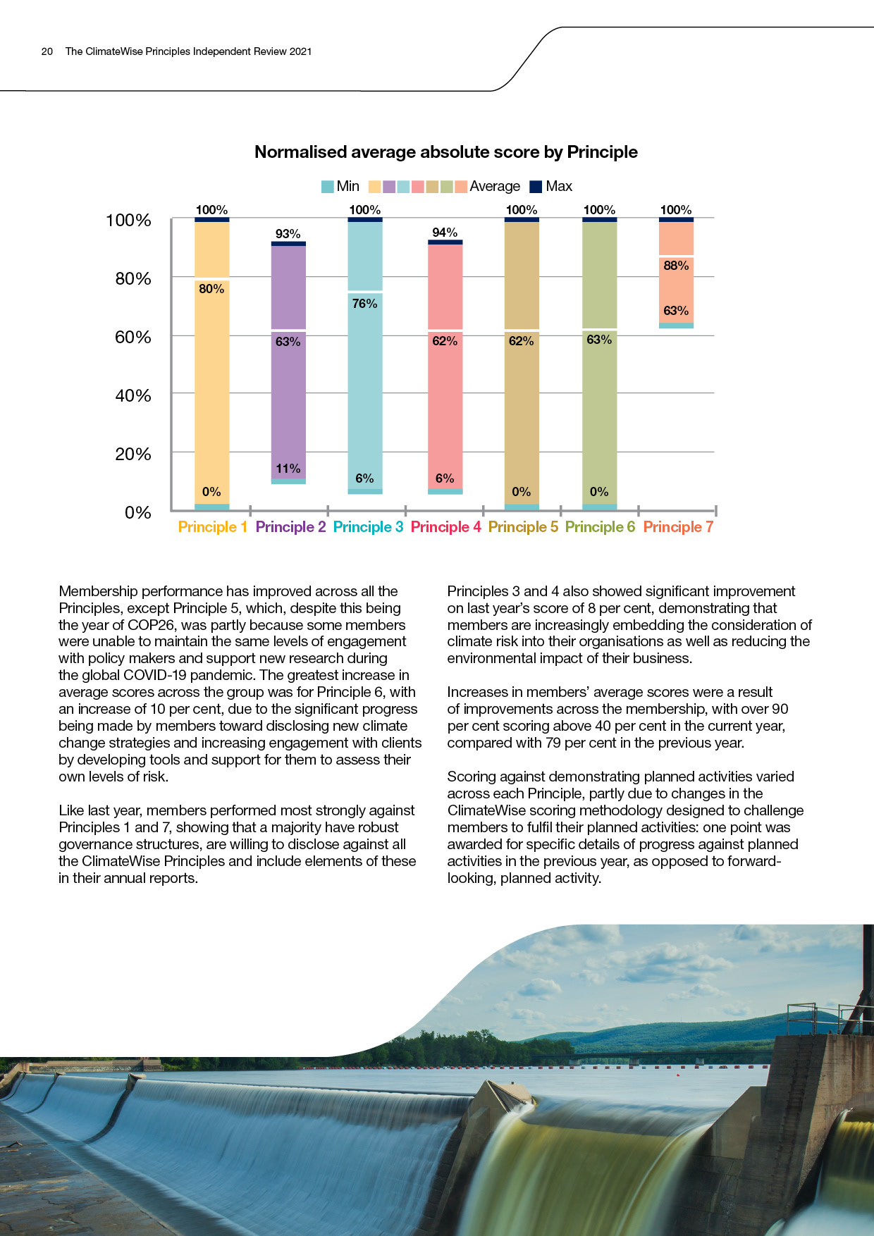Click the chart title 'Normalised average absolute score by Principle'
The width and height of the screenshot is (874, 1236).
[445, 152]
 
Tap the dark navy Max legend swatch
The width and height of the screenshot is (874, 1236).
[536, 187]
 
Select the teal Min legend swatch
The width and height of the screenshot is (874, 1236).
[328, 187]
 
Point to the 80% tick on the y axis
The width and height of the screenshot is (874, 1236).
[133, 279]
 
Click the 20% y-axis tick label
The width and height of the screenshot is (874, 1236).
[133, 455]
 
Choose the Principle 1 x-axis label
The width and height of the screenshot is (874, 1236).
[212, 527]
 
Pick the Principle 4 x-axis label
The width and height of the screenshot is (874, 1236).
[445, 527]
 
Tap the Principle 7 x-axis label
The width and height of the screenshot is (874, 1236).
[677, 527]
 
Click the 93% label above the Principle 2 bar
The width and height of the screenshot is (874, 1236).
[288, 234]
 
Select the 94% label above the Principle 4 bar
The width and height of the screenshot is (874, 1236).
[445, 233]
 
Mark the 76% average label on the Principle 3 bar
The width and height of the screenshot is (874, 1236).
[364, 304]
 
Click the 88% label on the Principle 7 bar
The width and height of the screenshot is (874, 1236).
[676, 266]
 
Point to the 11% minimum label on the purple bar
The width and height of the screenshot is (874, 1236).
[288, 469]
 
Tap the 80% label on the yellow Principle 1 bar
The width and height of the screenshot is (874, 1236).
[211, 289]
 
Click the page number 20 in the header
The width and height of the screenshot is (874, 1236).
[47, 51]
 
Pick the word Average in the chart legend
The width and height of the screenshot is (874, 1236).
[495, 187]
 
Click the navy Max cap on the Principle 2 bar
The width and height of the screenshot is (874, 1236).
[288, 244]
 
